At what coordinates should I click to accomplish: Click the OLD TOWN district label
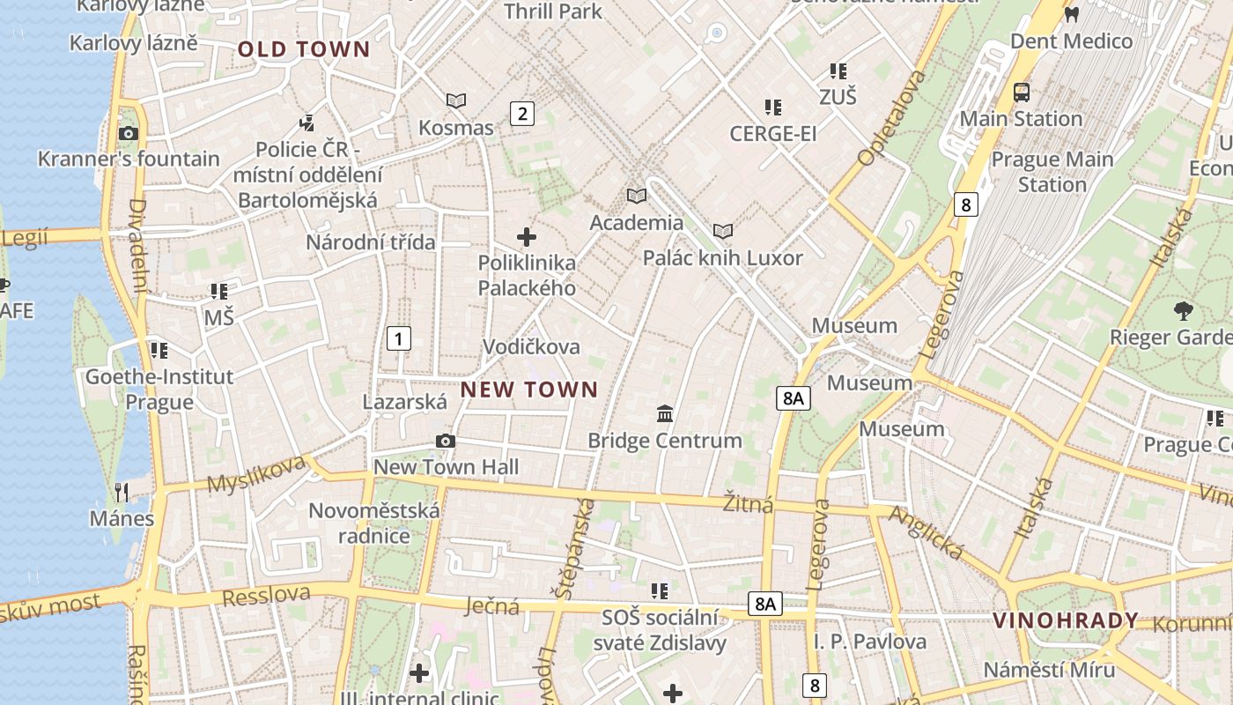(x=304, y=49)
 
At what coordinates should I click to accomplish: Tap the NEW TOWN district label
(x=529, y=390)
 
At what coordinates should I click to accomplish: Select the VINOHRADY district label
(x=1066, y=620)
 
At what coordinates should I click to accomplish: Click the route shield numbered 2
(x=522, y=113)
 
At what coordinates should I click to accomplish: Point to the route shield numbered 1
(x=399, y=338)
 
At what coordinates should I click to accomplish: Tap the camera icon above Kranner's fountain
(x=129, y=134)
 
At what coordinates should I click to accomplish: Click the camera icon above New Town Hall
(x=446, y=441)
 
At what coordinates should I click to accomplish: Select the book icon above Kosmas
(x=455, y=101)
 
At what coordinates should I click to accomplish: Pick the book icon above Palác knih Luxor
(x=723, y=232)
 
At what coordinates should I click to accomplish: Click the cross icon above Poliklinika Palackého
(x=527, y=237)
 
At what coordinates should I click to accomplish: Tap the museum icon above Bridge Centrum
(x=665, y=413)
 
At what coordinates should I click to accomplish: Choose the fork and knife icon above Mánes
(x=122, y=492)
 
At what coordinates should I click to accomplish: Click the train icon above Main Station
(x=1021, y=92)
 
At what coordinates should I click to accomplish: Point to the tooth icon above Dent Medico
(x=1071, y=14)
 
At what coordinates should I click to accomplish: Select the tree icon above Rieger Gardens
(x=1183, y=310)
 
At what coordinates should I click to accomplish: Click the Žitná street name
(x=748, y=504)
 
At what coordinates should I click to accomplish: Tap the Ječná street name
(x=492, y=605)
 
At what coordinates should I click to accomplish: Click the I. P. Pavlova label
(x=869, y=642)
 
